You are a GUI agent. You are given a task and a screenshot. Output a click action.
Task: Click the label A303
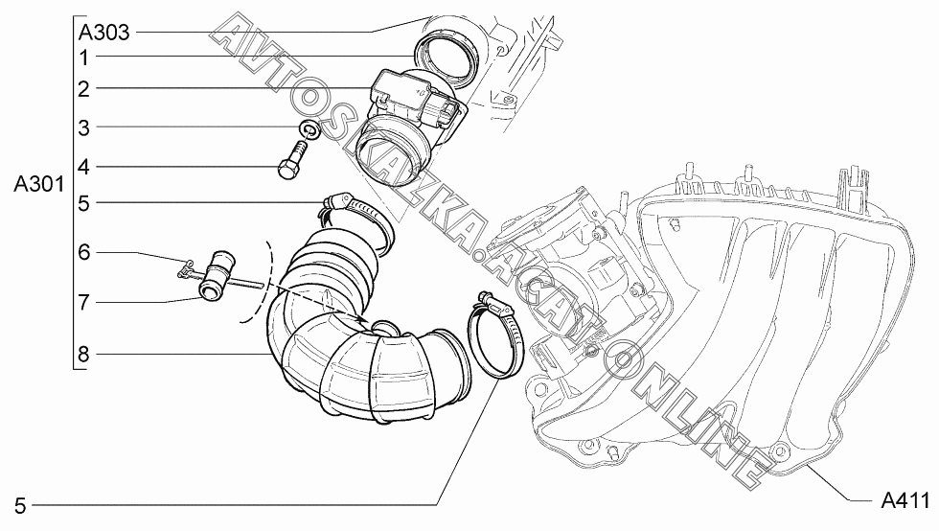click(x=103, y=32)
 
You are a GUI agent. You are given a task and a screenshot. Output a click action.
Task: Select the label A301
click(x=39, y=185)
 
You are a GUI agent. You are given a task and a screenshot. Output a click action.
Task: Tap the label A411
click(x=905, y=499)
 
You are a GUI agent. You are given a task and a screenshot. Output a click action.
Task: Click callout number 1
click(x=84, y=58)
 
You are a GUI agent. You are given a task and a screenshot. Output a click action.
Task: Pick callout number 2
click(x=84, y=89)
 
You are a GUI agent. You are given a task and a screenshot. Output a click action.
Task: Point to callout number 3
click(x=84, y=127)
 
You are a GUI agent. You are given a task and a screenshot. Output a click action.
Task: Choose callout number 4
click(x=84, y=167)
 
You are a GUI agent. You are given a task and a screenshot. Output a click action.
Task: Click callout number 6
click(x=84, y=252)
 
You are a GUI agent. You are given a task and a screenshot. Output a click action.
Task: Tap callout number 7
click(x=84, y=303)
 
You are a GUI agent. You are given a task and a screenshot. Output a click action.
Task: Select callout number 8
click(x=84, y=355)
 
